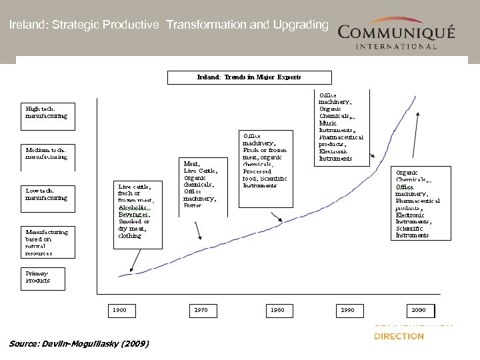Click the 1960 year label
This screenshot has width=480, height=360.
119,311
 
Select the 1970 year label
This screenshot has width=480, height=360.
201,311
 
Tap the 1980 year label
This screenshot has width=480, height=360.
277,311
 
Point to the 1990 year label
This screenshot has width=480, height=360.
348,311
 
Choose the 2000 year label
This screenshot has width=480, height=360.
419,311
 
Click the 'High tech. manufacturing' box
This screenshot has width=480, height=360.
47,111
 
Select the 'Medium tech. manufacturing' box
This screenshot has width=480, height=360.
47,153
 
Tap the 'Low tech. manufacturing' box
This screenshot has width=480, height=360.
47,194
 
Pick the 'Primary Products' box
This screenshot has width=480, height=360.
40,277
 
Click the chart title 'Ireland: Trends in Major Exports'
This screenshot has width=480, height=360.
249,77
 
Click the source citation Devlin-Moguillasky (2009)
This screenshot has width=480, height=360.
79,344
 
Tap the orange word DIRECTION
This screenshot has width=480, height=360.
399,337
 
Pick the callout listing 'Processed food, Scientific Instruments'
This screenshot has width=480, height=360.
265,161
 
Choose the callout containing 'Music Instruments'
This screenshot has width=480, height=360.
341,127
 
